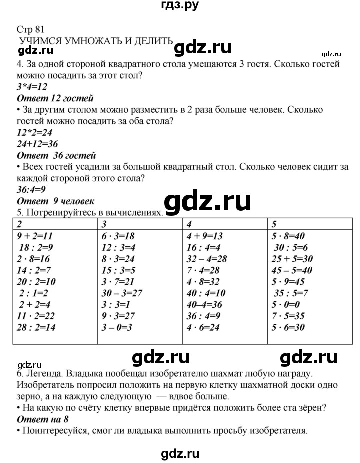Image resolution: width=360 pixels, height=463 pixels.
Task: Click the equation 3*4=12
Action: (x=32, y=87)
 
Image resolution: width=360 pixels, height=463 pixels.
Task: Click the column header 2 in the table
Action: (x=19, y=223)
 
